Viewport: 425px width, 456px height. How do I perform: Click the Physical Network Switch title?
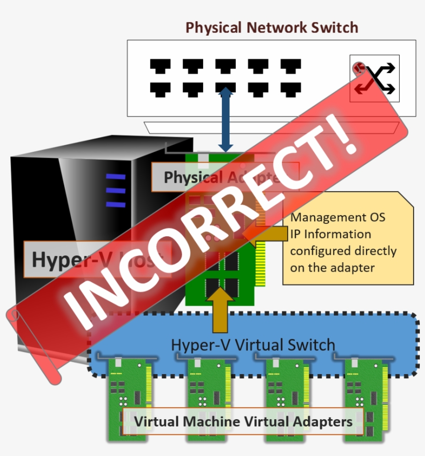pos(272,27)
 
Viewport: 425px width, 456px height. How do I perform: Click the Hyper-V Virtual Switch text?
pos(253,345)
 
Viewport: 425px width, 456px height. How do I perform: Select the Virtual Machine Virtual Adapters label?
pos(243,421)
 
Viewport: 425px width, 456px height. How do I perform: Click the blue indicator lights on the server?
pos(116,190)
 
